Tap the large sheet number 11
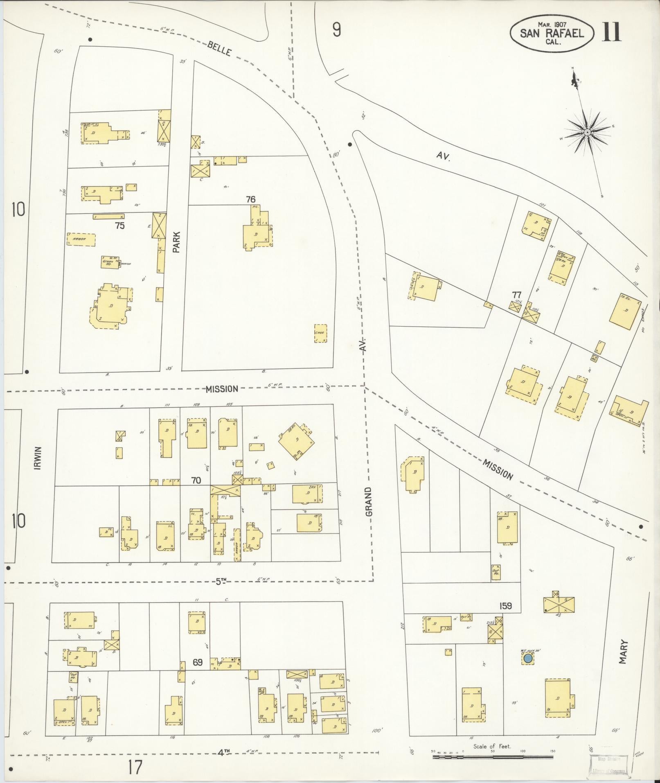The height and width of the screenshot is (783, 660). (611, 32)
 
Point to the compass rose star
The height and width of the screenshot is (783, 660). (587, 132)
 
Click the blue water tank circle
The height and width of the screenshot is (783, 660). (528, 658)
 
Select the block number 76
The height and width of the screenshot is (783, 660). (250, 199)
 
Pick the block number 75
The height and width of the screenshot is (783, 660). (119, 226)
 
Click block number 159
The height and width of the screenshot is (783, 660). (505, 605)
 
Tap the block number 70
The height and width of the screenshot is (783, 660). (196, 480)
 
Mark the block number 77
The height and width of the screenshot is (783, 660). (516, 295)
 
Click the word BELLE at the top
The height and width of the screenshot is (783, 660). (219, 49)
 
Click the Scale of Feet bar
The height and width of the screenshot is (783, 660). (493, 757)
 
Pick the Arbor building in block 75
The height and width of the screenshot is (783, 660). (81, 239)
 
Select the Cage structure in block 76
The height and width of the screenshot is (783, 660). (320, 333)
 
